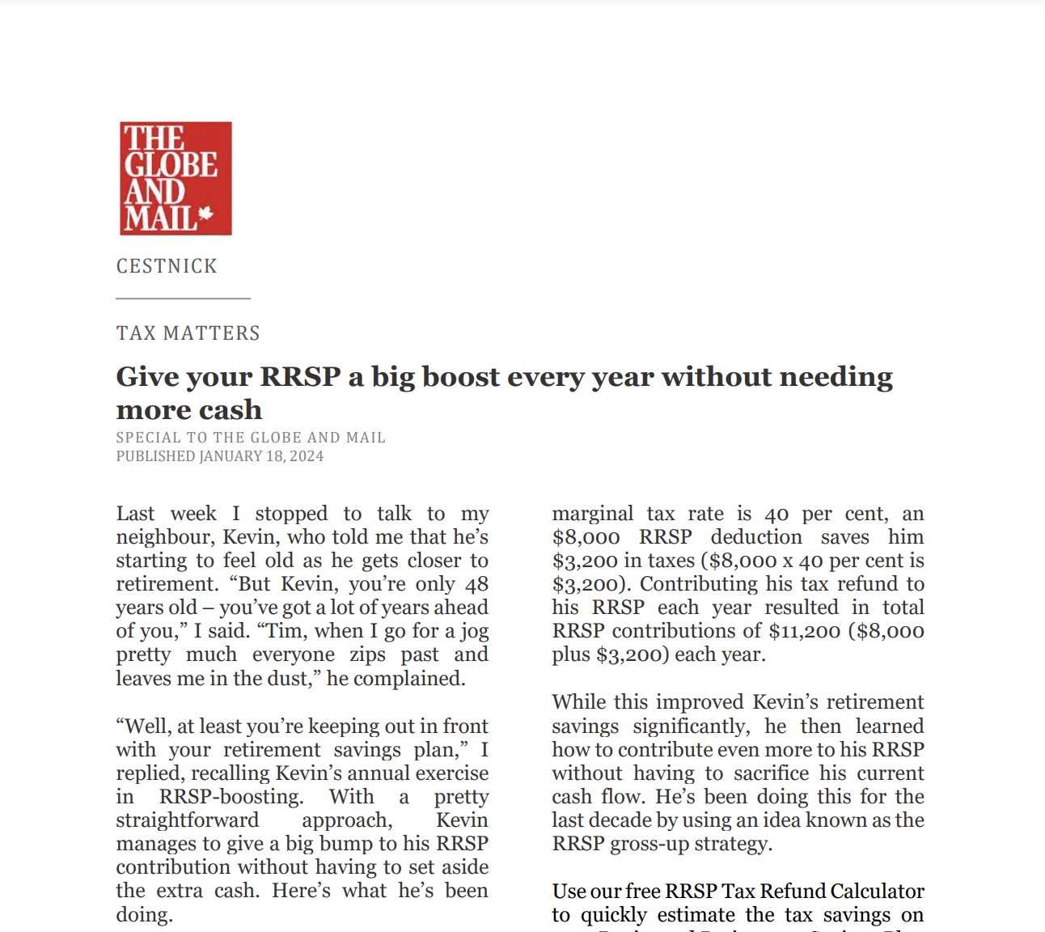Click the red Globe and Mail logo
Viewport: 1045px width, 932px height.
click(x=176, y=179)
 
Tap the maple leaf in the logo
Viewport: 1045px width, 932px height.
click(x=205, y=214)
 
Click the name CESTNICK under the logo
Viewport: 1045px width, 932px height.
click(x=167, y=266)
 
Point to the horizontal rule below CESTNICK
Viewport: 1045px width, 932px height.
click(x=183, y=299)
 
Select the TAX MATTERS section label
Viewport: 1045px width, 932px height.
click(x=188, y=333)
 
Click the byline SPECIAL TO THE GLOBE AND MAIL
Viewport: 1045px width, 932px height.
click(x=251, y=438)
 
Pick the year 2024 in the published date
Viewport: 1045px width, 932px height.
click(x=307, y=456)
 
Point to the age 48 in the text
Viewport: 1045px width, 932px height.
click(x=477, y=584)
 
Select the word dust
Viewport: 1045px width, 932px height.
click(x=288, y=678)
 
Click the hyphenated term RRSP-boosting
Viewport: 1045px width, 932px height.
click(x=231, y=797)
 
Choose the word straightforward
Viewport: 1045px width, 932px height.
click(x=187, y=820)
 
